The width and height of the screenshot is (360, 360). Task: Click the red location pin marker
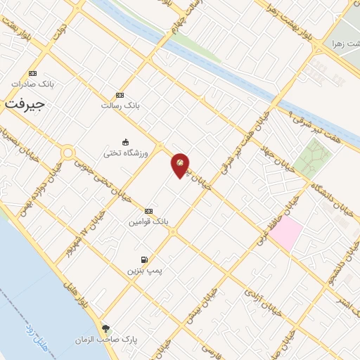[181, 165]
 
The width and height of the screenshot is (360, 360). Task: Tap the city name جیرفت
[25, 103]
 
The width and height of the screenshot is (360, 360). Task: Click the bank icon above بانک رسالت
[120, 95]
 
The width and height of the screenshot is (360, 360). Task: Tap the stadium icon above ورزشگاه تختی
[126, 140]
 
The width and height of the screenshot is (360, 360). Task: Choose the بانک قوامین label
[148, 221]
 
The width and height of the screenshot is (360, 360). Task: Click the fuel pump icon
[145, 259]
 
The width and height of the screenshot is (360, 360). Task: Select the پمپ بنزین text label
[143, 271]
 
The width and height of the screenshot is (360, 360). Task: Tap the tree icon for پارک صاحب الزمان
[105, 328]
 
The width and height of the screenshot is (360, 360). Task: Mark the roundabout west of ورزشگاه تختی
[68, 152]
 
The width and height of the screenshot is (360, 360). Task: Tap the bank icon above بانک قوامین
[148, 211]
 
